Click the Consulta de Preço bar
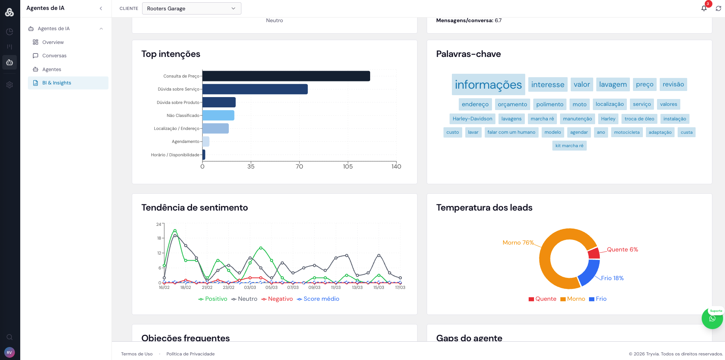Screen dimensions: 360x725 coord(286,76)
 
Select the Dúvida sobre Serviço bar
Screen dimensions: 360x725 coord(255,89)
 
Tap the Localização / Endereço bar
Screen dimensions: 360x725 coord(215,128)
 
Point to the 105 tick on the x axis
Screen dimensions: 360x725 coord(348,166)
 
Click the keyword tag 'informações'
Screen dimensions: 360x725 coord(488,84)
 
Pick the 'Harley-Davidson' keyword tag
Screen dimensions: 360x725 coord(472,119)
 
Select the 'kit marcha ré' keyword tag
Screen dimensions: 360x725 coord(569,146)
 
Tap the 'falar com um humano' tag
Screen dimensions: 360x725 coord(511,132)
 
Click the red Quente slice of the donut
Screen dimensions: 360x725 coord(594,253)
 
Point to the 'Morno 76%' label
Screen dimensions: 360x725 coord(518,243)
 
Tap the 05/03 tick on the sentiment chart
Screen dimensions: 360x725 coord(271,287)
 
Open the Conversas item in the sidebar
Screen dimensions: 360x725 coord(54,56)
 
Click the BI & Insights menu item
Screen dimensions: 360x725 coord(57,83)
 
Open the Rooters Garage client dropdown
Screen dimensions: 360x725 coord(191,8)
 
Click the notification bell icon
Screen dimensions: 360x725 coord(704,8)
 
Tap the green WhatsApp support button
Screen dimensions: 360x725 coord(712,318)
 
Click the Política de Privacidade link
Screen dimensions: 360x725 coord(190,354)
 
